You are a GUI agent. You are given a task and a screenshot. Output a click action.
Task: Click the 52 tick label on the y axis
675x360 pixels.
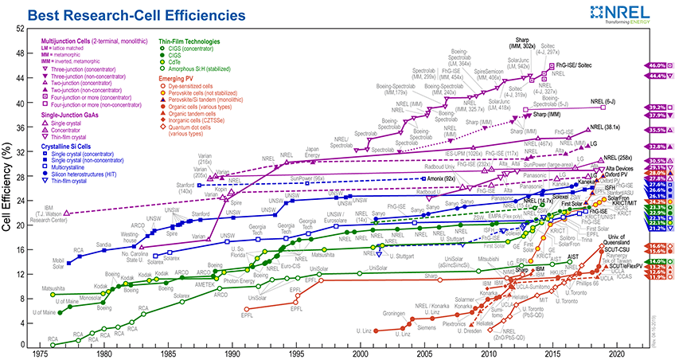[x=21, y=29]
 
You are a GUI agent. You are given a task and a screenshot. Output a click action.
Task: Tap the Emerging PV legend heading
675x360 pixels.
[x=178, y=77]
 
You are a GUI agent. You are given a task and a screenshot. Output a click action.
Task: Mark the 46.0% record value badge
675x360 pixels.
[x=657, y=65]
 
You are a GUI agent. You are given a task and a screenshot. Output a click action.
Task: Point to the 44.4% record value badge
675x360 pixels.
[x=657, y=76]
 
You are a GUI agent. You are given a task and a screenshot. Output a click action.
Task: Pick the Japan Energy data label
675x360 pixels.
[x=311, y=151]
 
